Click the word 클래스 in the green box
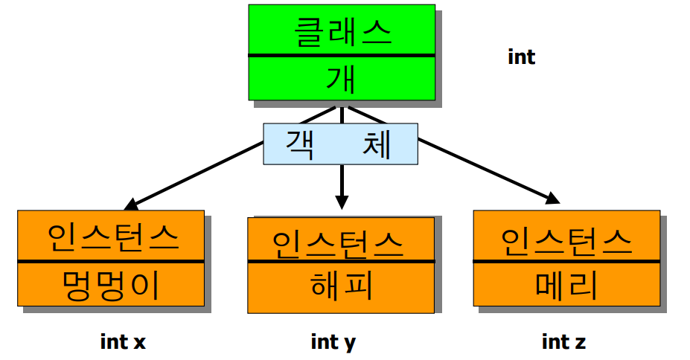point(341,32)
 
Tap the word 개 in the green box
point(341,78)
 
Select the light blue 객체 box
point(341,144)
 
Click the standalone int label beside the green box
point(521,57)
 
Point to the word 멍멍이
point(112,285)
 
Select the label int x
point(123,341)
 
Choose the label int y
point(333,341)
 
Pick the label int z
point(563,341)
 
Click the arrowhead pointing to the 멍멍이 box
point(132,202)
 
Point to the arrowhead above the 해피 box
point(342,201)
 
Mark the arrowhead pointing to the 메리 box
point(552,198)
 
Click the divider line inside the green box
point(341,55)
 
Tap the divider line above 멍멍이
point(112,261)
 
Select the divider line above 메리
point(566,261)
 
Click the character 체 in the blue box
point(376,144)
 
